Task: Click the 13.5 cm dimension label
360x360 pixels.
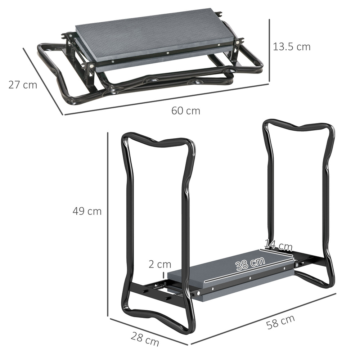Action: click(291, 47)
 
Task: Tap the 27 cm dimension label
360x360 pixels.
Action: click(23, 85)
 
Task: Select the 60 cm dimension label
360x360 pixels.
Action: click(185, 111)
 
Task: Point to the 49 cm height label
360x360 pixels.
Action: click(87, 211)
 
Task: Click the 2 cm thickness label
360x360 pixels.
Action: click(160, 265)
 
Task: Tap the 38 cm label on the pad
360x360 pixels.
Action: click(250, 264)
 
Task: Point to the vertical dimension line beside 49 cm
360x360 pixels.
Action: click(108, 223)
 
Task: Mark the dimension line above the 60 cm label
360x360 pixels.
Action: click(166, 100)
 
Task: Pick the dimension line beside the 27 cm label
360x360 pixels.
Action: click(43, 81)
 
